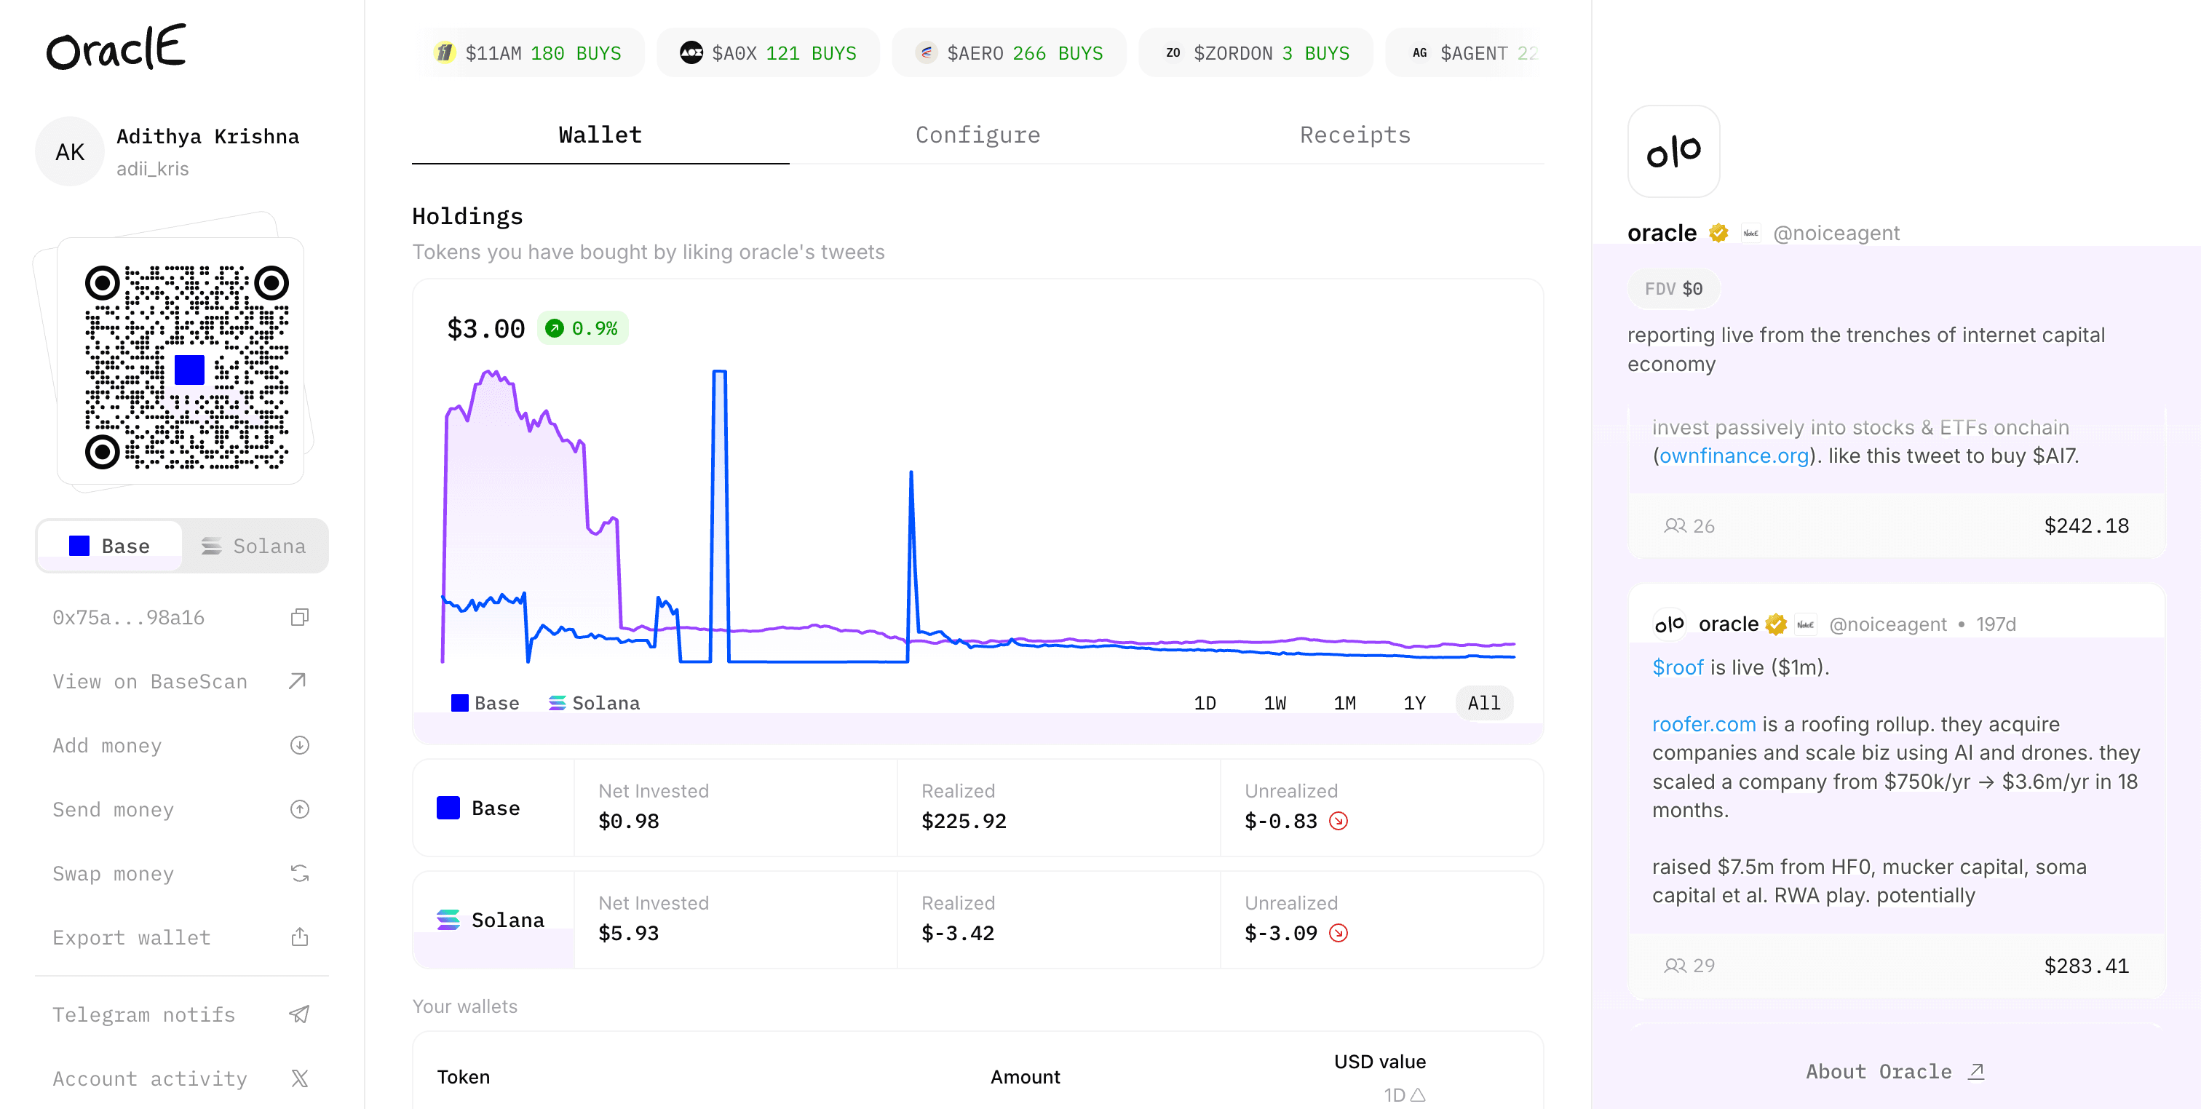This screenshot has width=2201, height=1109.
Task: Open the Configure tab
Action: coord(977,135)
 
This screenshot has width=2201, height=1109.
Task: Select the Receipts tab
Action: coord(1355,135)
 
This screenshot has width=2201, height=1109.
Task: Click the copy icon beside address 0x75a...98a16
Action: coord(299,617)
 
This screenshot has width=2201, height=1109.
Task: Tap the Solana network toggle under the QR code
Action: coord(254,546)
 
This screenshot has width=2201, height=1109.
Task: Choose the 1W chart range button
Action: coord(1274,703)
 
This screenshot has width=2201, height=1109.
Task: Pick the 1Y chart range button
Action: coord(1414,703)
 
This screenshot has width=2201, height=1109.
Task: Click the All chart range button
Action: coord(1484,703)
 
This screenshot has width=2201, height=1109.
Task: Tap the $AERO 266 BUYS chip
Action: coord(1009,53)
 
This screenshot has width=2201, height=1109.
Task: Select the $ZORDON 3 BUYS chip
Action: coord(1256,53)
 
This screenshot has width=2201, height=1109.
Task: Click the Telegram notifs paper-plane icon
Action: coord(299,1014)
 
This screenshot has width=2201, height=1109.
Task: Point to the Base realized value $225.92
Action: coord(964,821)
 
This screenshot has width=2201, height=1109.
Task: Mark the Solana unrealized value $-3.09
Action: coord(1281,933)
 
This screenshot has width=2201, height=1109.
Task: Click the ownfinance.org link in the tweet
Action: coord(1734,456)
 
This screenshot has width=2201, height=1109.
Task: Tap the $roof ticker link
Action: coord(1677,667)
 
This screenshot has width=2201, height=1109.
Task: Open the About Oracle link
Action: coord(1895,1071)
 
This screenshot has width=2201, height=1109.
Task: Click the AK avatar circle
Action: coord(70,152)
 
